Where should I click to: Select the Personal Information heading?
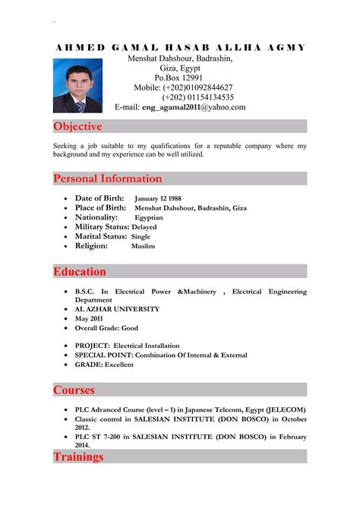click(x=107, y=179)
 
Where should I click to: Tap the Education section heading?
click(x=80, y=271)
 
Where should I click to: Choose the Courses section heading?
click(x=74, y=390)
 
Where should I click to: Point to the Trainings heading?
click(x=78, y=457)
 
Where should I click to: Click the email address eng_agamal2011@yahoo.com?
click(x=194, y=108)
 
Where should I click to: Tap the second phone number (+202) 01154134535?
click(x=197, y=97)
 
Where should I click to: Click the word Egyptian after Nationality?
click(x=150, y=217)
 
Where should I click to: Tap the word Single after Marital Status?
click(x=147, y=236)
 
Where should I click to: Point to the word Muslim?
click(x=143, y=246)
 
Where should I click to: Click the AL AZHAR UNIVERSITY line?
click(x=117, y=309)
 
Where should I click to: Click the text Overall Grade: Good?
click(x=106, y=328)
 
